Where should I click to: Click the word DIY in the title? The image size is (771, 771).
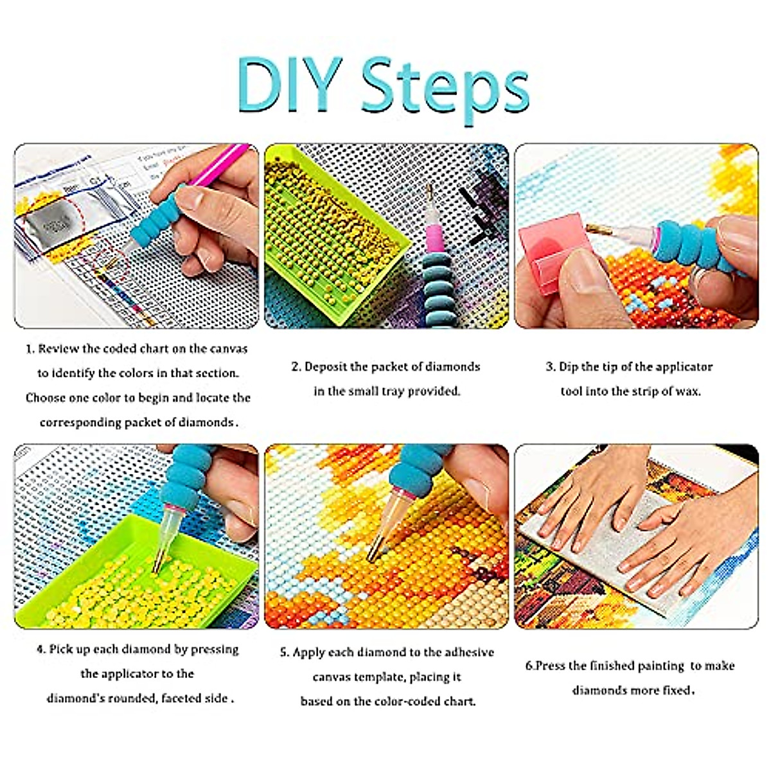tap(288, 85)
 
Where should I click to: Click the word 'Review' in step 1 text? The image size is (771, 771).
tap(58, 349)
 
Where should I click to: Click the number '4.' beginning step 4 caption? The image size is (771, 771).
tap(41, 650)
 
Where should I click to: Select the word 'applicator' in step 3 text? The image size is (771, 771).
tap(682, 367)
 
